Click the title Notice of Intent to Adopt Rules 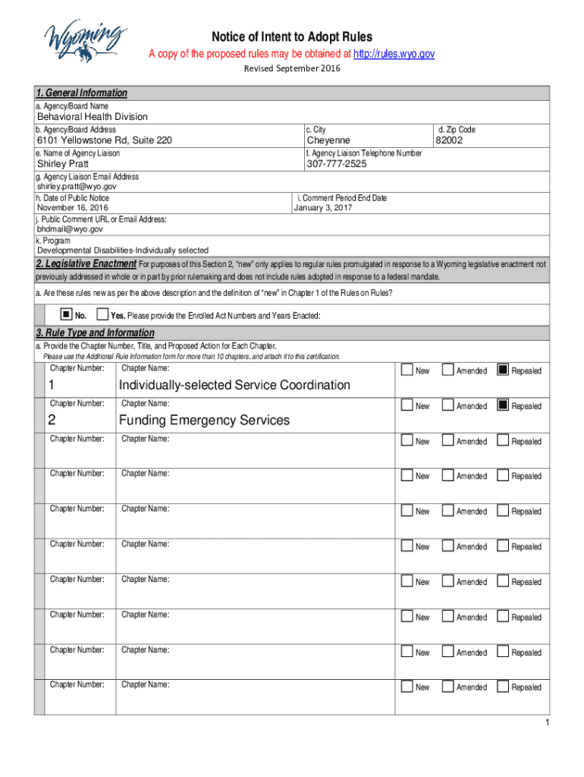coord(292,37)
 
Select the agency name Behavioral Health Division coord(93,117)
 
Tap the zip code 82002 coord(449,140)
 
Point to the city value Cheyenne coord(328,140)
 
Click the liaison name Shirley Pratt coord(63,164)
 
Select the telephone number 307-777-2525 coord(336,164)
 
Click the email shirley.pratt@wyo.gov coord(77,186)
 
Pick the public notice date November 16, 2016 coord(73,208)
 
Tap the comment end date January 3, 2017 coord(323,208)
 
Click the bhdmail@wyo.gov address coord(70,228)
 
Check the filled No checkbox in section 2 coord(67,314)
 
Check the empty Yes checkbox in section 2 coord(103,314)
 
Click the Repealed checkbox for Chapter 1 coord(502,370)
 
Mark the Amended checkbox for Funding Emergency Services coord(448,405)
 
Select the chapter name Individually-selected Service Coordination coord(234,385)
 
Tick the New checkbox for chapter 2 coord(407,405)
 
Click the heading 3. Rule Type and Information coord(95,333)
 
